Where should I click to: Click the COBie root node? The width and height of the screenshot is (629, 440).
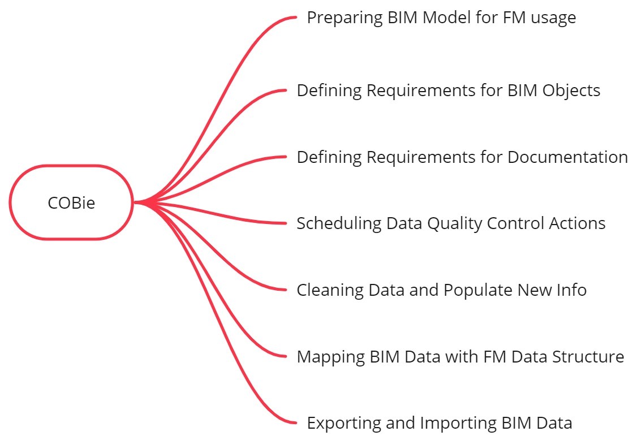click(x=71, y=202)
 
